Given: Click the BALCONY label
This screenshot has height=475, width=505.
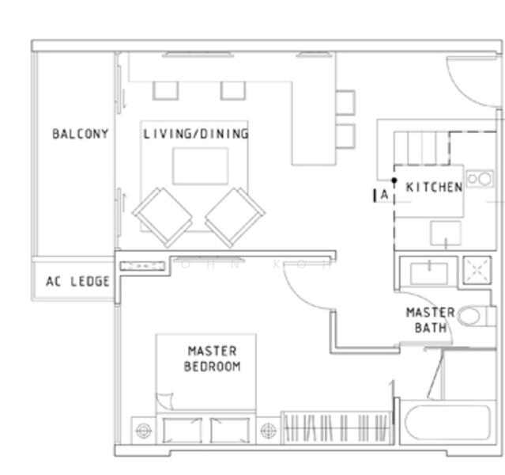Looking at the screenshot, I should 80,134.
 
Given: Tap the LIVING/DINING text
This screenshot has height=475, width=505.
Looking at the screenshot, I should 195,134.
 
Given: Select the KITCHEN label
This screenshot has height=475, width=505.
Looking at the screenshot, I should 434,188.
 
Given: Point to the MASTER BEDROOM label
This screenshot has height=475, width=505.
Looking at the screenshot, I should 211,359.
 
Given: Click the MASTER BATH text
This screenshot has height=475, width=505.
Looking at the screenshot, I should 430,320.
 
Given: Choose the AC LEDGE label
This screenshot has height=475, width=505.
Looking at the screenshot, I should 77,282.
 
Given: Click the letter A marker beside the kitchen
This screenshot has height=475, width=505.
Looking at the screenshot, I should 383,194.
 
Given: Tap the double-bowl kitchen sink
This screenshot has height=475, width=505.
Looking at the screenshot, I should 478,179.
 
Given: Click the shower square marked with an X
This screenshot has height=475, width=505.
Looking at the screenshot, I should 477,270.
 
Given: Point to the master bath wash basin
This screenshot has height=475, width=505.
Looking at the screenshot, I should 428,272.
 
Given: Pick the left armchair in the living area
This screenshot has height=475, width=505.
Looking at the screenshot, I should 163,216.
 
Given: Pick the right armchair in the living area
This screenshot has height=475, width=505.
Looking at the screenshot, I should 235,216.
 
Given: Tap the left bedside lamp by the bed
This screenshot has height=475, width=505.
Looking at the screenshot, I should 143,431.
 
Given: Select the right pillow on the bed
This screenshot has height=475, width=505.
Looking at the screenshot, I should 230,431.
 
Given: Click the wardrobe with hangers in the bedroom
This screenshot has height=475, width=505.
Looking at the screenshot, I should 336,427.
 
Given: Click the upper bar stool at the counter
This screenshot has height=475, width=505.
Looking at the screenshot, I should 345,102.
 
